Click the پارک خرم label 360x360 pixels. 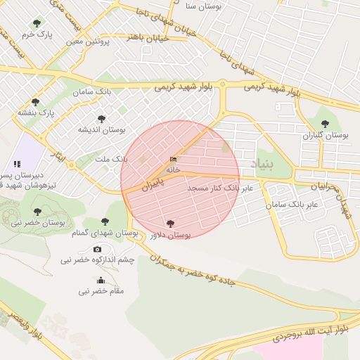(x=37, y=34)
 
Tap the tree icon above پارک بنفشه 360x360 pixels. (x=35, y=102)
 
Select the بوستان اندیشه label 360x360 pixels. (x=101, y=130)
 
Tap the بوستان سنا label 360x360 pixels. (x=204, y=6)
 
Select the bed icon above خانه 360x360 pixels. (x=173, y=160)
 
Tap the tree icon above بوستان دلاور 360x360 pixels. (x=171, y=223)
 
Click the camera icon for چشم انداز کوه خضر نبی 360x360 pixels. (x=97, y=249)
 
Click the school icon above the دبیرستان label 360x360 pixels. (x=17, y=164)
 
